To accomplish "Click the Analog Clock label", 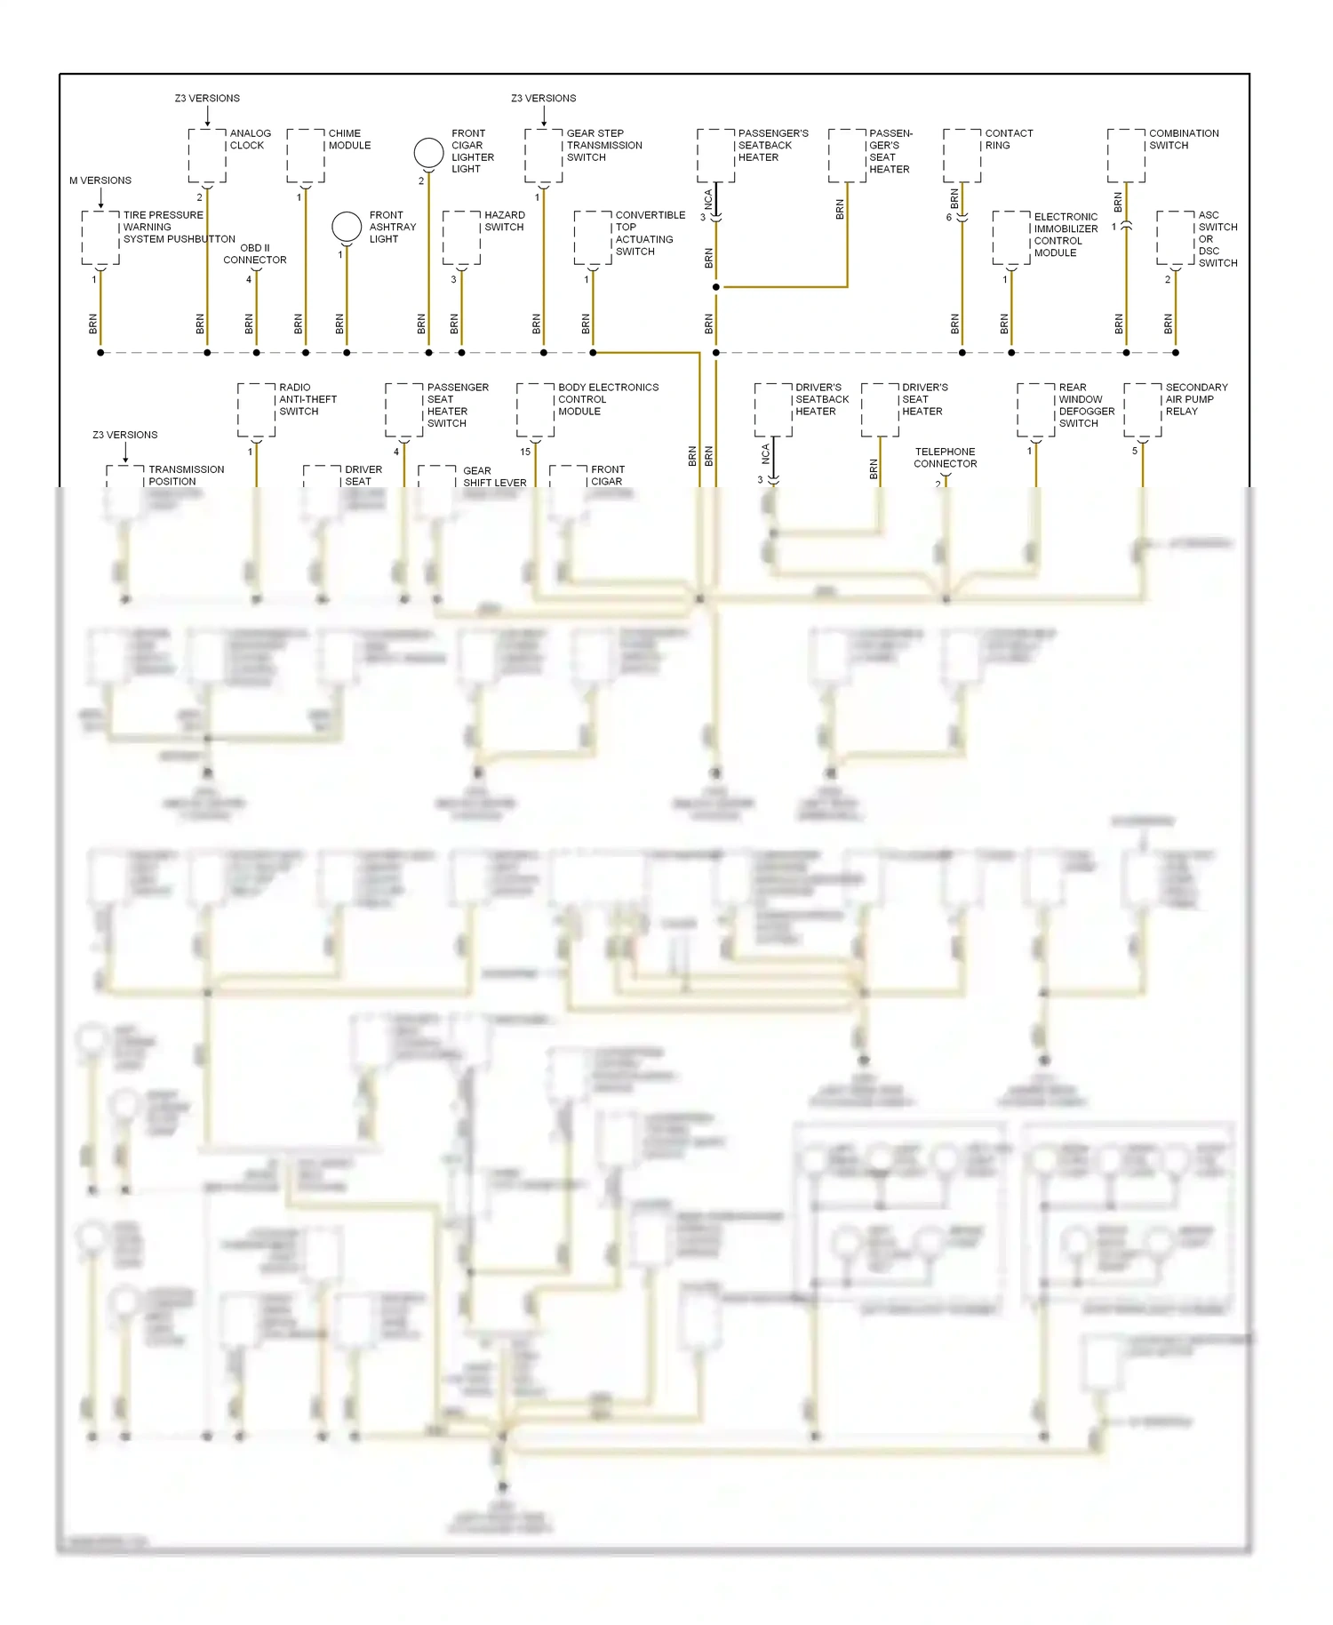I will (250, 140).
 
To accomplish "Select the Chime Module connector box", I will (305, 156).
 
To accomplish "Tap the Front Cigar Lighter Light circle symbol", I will (428, 153).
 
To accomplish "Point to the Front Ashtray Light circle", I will (347, 227).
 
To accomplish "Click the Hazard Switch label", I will (504, 221).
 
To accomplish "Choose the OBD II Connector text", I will (255, 254).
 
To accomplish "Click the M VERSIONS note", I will (100, 180).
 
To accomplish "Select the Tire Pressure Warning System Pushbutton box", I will (100, 237).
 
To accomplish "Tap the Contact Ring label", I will (1009, 140).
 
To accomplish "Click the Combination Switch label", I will (1184, 140).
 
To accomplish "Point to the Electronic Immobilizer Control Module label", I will (1066, 235).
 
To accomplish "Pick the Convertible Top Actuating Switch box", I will (593, 237).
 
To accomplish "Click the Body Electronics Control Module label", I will (608, 399).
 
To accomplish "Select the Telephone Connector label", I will (945, 458).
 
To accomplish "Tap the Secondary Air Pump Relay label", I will (1196, 399).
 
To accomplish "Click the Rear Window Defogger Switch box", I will (1035, 410).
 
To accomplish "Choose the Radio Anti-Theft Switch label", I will (307, 399).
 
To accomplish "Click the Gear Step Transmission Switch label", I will (604, 145).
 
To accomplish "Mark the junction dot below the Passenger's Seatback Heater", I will (715, 287).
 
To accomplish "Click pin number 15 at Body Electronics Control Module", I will (525, 452).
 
